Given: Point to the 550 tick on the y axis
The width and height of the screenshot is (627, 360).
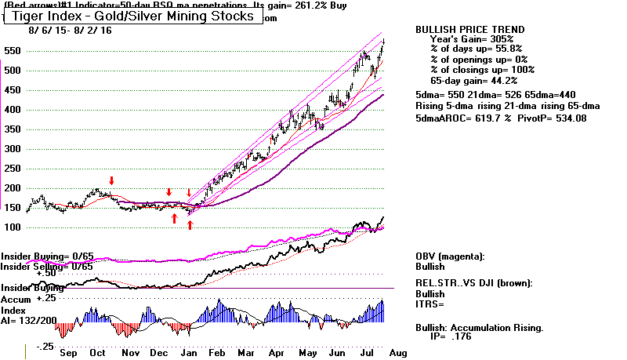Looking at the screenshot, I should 13,50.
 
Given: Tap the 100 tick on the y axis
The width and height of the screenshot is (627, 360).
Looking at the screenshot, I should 13,227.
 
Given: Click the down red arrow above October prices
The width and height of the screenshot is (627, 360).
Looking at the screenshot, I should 111,182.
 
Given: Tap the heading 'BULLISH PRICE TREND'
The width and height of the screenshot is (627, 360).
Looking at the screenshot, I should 469,30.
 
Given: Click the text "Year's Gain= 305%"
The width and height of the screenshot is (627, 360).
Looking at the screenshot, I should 472,39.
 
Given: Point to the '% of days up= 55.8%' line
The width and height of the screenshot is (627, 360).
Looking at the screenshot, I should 476,49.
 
